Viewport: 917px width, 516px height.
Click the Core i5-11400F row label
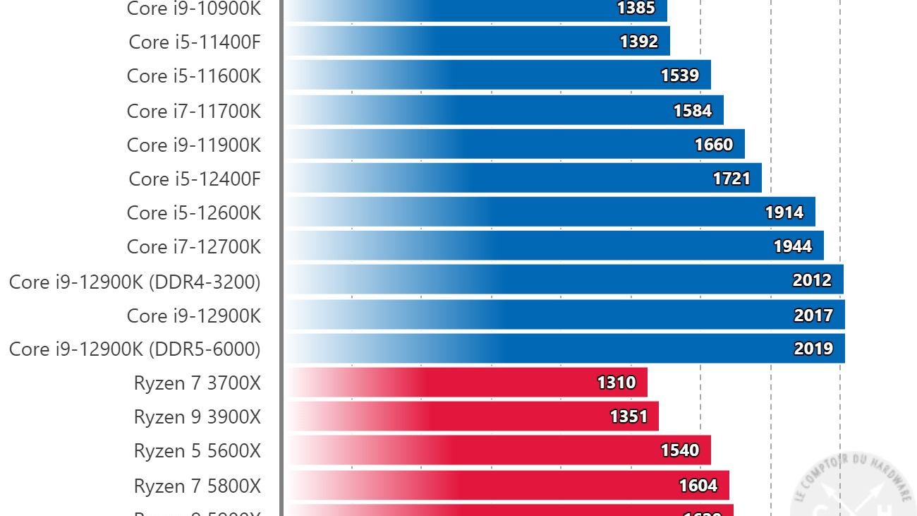(195, 42)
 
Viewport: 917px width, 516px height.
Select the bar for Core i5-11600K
(497, 76)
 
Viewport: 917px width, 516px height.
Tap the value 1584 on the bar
(692, 111)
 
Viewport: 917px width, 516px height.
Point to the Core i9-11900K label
(194, 145)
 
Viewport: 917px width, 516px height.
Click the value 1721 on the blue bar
(731, 179)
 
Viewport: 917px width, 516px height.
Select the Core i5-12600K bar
(550, 212)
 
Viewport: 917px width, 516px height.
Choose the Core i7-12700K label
(194, 246)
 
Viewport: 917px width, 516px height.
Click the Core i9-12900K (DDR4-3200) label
(135, 282)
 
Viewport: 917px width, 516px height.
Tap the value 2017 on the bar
(813, 316)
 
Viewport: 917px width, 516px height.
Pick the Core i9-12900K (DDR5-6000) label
(135, 349)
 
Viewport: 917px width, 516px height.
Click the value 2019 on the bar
(813, 349)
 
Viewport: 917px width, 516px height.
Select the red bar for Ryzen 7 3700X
(466, 383)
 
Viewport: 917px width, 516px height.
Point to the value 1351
(628, 416)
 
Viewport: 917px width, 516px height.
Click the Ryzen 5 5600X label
(198, 450)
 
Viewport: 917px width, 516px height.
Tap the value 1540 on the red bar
(680, 450)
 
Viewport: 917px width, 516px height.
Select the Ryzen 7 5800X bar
(508, 486)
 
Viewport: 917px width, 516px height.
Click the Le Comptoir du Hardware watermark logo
(854, 487)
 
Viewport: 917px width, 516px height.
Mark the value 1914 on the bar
(784, 212)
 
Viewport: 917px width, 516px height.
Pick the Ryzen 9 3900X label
(198, 416)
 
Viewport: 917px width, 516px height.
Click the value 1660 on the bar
(714, 145)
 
